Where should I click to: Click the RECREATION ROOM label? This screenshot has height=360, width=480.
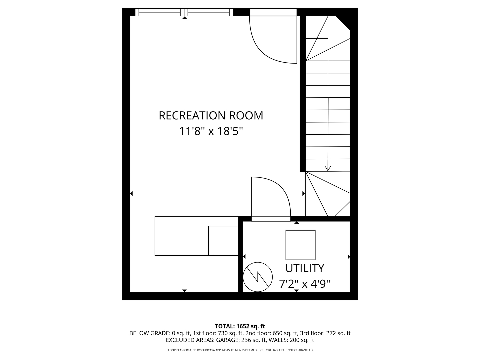pyautogui.click(x=211, y=115)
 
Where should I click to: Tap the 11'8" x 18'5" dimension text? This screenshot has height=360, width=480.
pyautogui.click(x=211, y=131)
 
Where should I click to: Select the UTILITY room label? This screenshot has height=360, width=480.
pyautogui.click(x=305, y=268)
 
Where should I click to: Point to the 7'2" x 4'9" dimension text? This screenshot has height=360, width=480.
pyautogui.click(x=305, y=284)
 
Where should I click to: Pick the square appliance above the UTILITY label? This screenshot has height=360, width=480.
pyautogui.click(x=300, y=245)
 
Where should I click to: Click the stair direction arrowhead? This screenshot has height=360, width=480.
pyautogui.click(x=328, y=168)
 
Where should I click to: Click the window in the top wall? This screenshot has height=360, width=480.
pyautogui.click(x=184, y=12)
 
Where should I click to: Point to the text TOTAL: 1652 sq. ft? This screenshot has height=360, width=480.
pyautogui.click(x=240, y=326)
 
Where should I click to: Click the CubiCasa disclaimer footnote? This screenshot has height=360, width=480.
pyautogui.click(x=240, y=350)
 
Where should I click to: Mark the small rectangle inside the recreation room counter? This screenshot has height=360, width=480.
pyautogui.click(x=223, y=240)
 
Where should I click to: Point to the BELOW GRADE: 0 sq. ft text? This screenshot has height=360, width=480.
pyautogui.click(x=159, y=333)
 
